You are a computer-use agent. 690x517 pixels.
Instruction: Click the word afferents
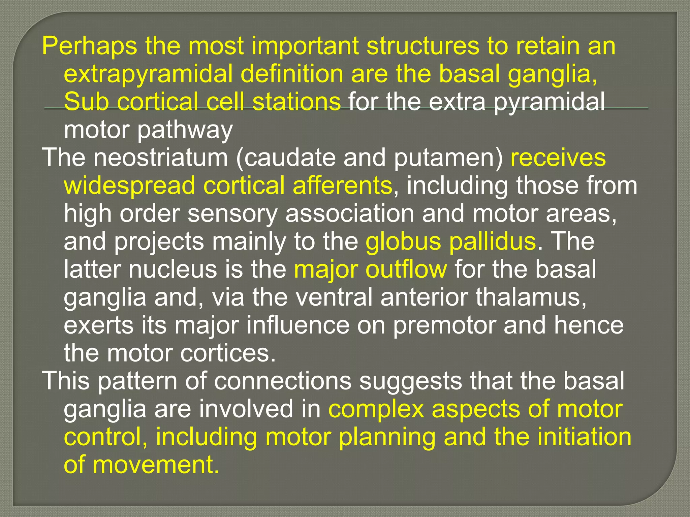[342, 185]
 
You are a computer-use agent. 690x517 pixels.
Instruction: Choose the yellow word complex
[376, 409]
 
